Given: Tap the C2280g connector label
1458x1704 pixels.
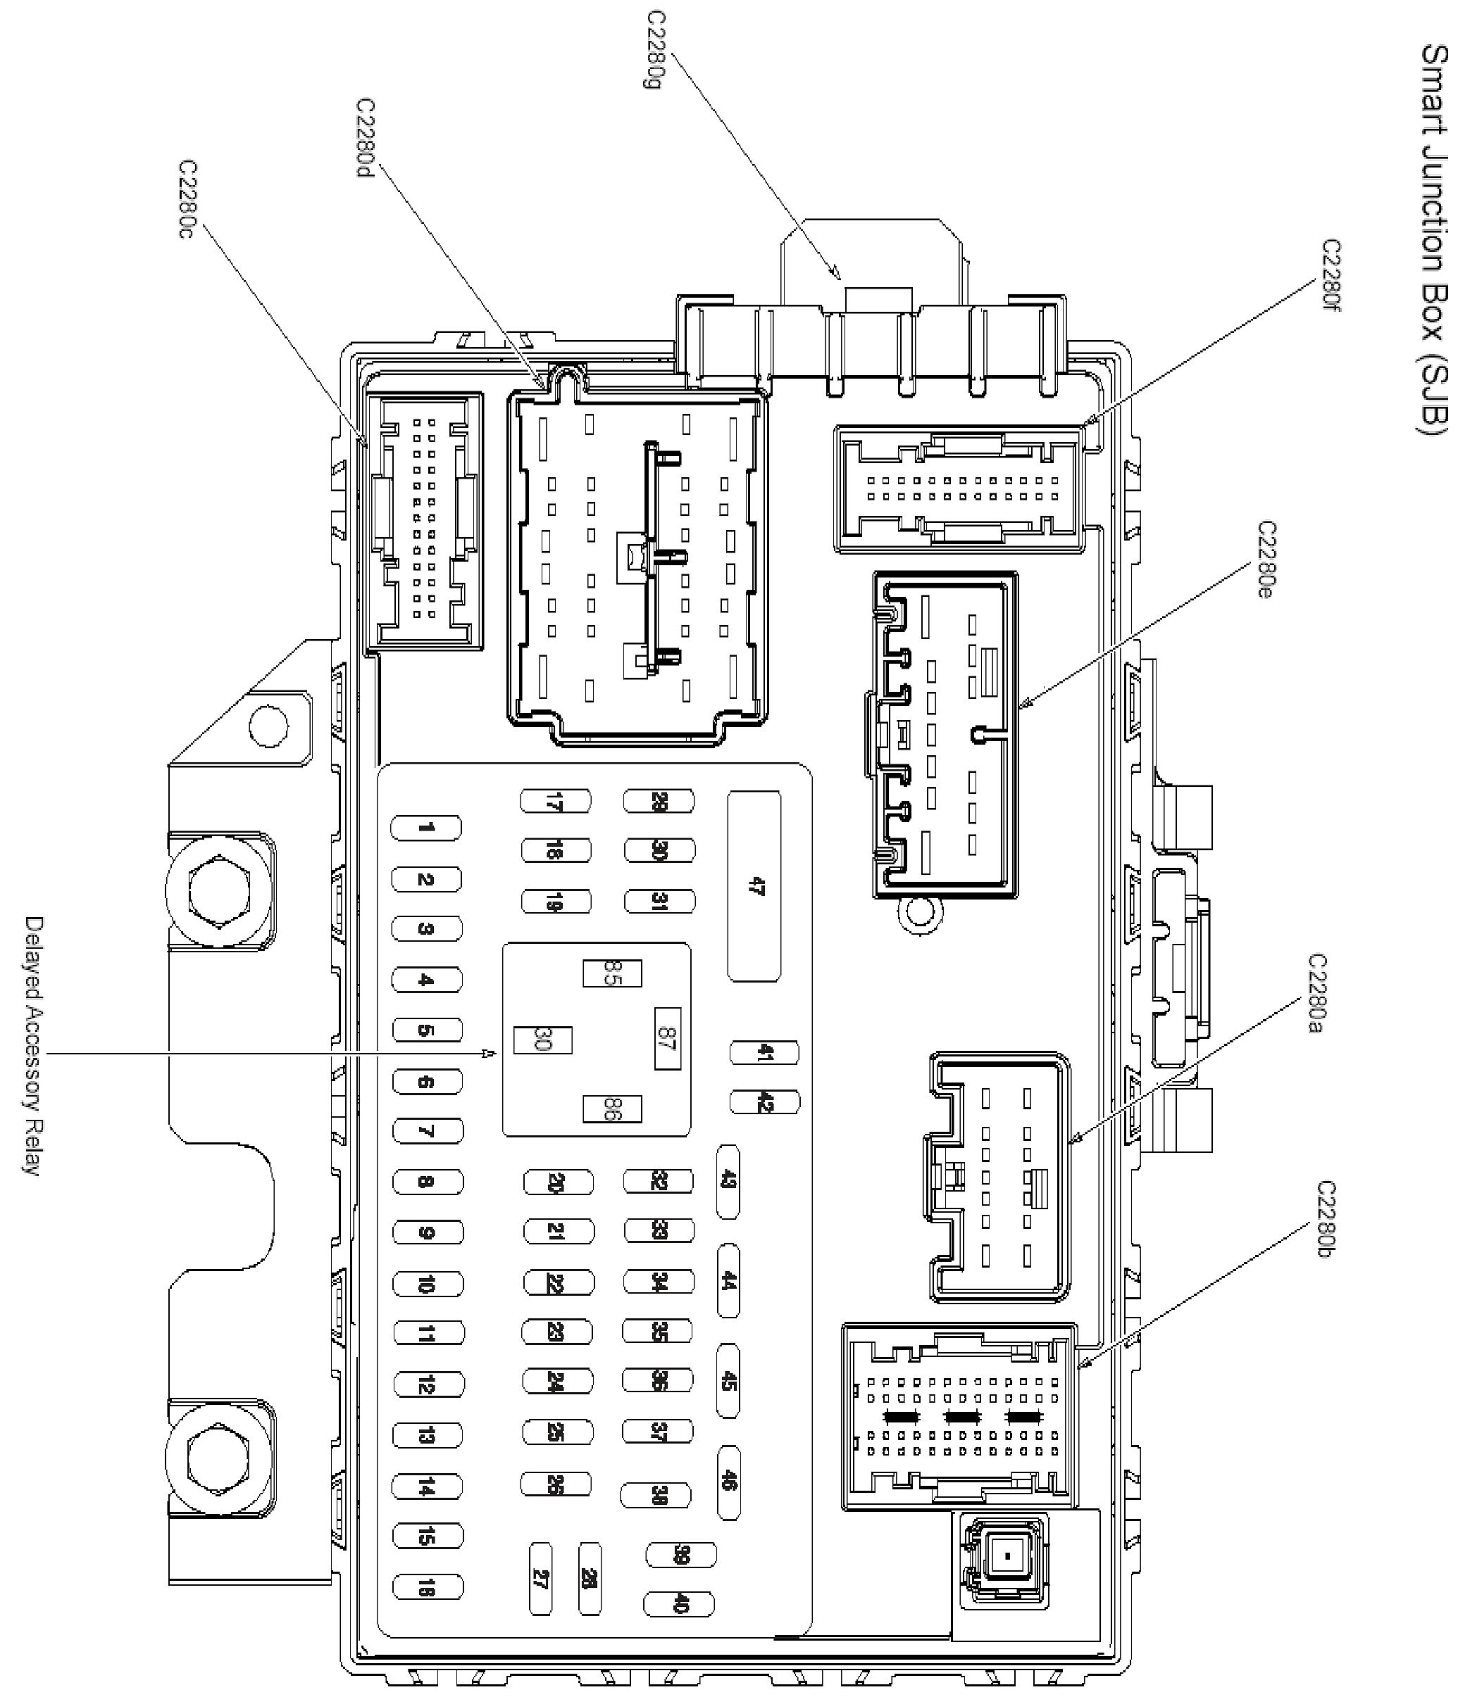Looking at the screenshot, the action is [656, 50].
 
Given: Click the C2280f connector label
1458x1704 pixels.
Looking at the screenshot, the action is [1331, 280].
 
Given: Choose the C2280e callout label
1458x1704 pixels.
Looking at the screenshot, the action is [1267, 560].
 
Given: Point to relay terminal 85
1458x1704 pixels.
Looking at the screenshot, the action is [611, 973].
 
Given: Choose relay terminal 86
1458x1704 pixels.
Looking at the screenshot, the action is [611, 1109].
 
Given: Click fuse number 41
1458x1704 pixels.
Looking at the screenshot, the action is [764, 1053].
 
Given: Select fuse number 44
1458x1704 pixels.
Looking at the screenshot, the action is [728, 1281].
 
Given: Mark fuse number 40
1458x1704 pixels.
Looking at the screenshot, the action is [679, 1603].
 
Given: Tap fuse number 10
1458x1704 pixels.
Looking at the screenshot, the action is [427, 1284].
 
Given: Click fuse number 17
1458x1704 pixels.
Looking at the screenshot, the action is [556, 801].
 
